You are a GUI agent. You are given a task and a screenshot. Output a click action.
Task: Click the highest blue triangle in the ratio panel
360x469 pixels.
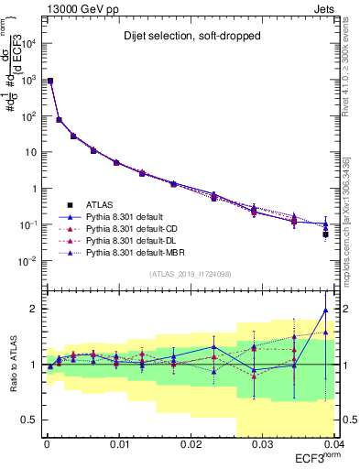tap(325, 310)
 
